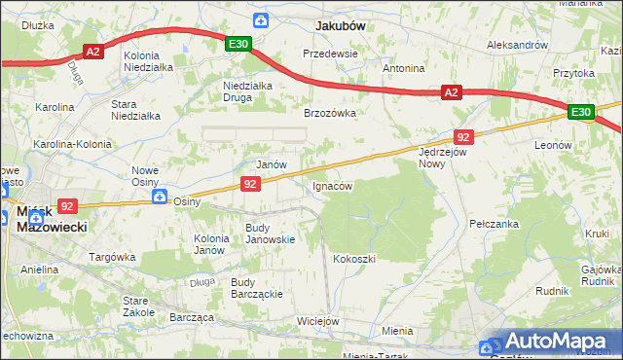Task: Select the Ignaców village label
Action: pos(332,185)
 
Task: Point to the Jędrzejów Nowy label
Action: pos(444,158)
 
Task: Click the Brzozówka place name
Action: pos(330,113)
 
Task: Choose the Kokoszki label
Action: pos(353,259)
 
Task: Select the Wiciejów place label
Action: pos(318,321)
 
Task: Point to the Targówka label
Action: pos(112,257)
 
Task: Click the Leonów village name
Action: pos(553,144)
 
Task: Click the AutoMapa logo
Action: pos(550,342)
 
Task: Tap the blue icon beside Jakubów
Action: pos(260,20)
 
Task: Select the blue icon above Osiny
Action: pos(161,195)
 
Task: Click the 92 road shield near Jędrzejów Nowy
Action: pos(463,137)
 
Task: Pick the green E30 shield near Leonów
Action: pos(581,113)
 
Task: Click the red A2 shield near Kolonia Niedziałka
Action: pos(92,53)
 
